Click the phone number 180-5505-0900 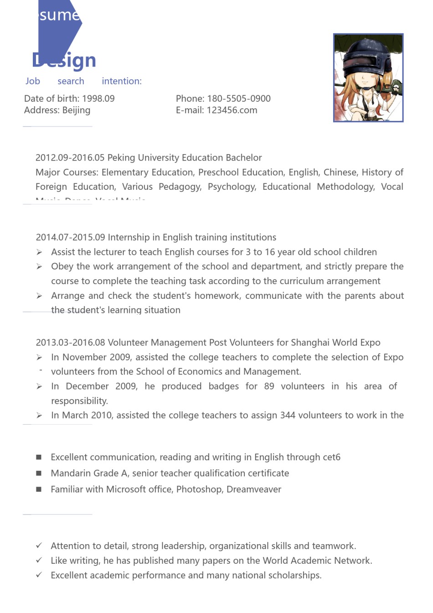tap(239, 99)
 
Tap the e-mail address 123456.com tap(232, 110)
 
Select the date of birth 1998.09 tap(98, 99)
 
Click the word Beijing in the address tap(76, 110)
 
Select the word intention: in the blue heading tap(122, 81)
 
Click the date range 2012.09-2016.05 tap(70, 158)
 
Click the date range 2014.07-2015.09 tap(71, 238)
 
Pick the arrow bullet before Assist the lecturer tap(40, 252)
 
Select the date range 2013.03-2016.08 tap(71, 343)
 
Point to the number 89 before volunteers tap(269, 387)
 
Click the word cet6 tap(331, 457)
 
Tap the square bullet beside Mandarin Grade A tap(39, 473)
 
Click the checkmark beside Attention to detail tap(39, 546)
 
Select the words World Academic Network tap(317, 561)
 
